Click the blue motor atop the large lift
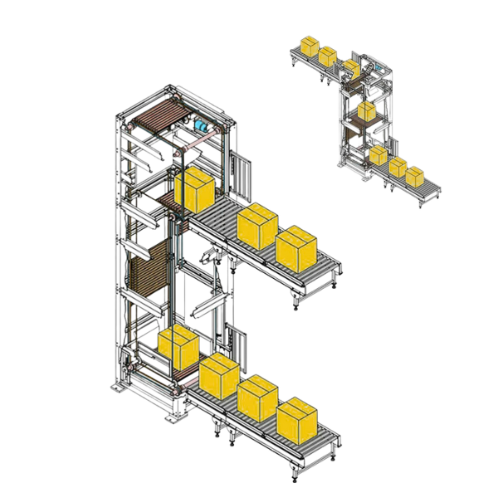pos(201,126)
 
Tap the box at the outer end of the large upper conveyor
pos(296,247)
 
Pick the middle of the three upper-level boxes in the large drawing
pos(257,224)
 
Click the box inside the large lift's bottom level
pos(178,348)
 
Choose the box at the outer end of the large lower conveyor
pos(297,420)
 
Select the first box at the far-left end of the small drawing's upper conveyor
pos(310,46)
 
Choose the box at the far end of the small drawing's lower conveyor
pos(414,176)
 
